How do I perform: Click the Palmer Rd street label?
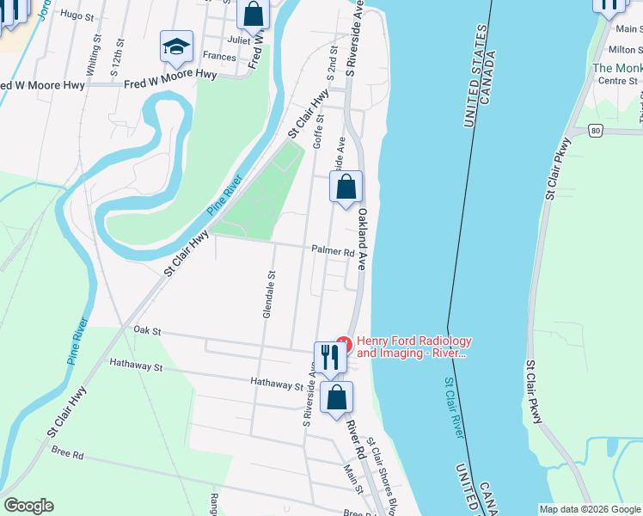pyautogui.click(x=334, y=253)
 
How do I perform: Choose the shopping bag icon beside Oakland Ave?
pyautogui.click(x=346, y=187)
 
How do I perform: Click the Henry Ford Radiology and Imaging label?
pyautogui.click(x=413, y=347)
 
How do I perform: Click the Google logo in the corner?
pyautogui.click(x=28, y=506)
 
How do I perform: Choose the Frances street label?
pyautogui.click(x=219, y=57)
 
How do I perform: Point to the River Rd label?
pyautogui.click(x=355, y=439)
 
